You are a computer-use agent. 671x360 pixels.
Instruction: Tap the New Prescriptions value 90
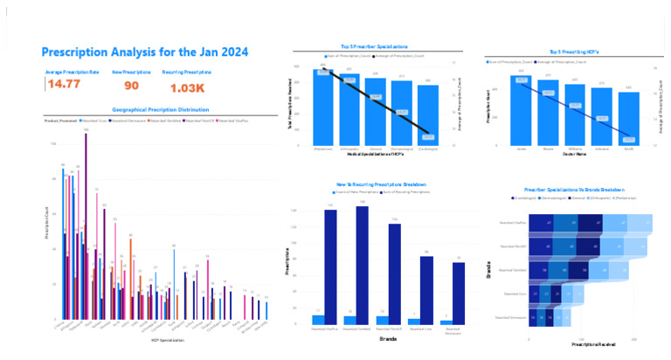[x=131, y=86]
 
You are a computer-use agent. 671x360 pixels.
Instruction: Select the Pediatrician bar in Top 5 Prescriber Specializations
[x=324, y=107]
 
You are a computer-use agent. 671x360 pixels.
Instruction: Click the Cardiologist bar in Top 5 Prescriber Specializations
[x=428, y=115]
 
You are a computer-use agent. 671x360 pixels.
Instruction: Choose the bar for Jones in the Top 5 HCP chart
[x=522, y=112]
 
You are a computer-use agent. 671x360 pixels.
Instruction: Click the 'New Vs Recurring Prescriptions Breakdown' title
[x=376, y=185]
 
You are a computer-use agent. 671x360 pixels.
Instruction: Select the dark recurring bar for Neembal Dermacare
[x=459, y=294]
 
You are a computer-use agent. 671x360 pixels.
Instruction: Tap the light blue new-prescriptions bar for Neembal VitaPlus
[x=318, y=320]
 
